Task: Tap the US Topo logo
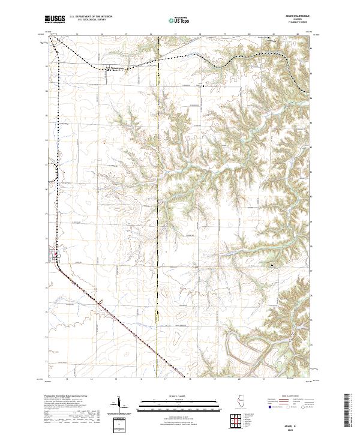point(179,20)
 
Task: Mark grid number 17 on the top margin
point(174,35)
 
